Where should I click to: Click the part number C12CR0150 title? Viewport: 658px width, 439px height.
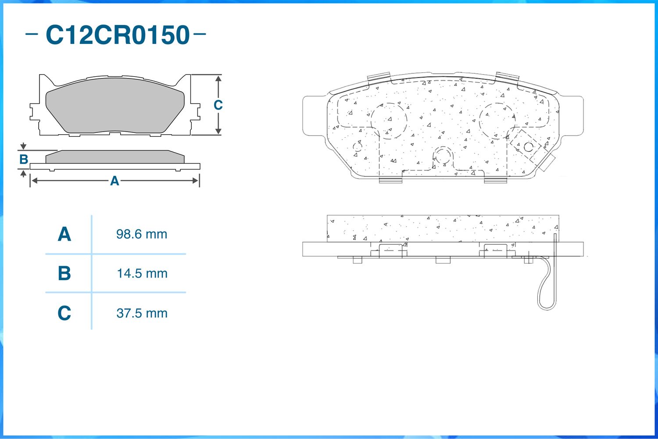pyautogui.click(x=118, y=35)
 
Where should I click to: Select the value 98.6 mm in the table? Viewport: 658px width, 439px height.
pyautogui.click(x=142, y=234)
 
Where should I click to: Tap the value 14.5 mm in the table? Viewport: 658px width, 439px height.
pyautogui.click(x=142, y=274)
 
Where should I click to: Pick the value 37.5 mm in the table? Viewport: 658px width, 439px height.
pyautogui.click(x=142, y=313)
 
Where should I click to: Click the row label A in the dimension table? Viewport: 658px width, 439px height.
pyautogui.click(x=64, y=234)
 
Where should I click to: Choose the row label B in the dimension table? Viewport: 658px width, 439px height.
pyautogui.click(x=64, y=273)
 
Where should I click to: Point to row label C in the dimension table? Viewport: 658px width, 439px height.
pyautogui.click(x=64, y=313)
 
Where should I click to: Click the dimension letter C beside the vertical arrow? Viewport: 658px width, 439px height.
pyautogui.click(x=218, y=105)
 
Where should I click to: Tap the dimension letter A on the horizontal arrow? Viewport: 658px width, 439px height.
pyautogui.click(x=114, y=181)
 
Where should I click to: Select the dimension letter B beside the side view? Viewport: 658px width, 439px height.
pyautogui.click(x=24, y=160)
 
